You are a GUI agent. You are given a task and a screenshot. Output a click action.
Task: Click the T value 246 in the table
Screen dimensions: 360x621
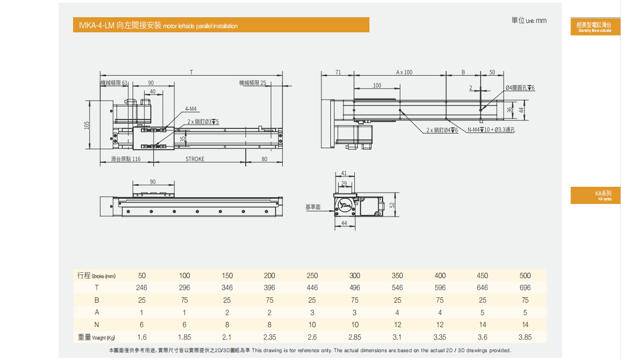(141, 287)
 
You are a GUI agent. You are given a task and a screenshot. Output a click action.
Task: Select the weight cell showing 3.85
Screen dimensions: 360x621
(525, 337)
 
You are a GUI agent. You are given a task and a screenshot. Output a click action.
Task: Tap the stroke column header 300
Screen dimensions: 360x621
(355, 275)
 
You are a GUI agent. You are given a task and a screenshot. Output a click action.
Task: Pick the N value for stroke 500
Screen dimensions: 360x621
(525, 325)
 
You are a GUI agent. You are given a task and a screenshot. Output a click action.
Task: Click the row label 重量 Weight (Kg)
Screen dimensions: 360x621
(97, 338)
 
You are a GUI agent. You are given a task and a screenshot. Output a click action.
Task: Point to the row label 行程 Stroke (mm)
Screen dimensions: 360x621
(97, 275)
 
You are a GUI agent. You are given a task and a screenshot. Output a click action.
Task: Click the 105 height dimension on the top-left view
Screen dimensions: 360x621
(87, 125)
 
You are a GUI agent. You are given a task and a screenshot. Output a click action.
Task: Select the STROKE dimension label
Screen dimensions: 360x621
(195, 159)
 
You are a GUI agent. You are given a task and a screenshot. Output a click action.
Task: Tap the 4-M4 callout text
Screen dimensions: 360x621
(190, 110)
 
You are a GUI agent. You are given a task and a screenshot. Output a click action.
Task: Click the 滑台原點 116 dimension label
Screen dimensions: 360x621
(126, 159)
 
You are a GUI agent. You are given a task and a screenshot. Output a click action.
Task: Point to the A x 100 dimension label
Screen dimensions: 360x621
(404, 73)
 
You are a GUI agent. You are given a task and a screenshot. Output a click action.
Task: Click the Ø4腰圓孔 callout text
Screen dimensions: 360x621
(520, 88)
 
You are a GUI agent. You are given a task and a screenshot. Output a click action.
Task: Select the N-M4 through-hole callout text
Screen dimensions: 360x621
(491, 130)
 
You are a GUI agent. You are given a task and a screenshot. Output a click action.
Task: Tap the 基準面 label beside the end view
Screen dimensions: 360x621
(313, 207)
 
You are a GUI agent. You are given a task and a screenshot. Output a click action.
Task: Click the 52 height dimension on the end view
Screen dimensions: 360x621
(392, 205)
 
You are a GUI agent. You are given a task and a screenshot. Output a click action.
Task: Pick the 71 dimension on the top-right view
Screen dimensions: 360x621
(338, 73)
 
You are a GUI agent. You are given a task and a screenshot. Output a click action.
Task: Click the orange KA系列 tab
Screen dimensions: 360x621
(595, 195)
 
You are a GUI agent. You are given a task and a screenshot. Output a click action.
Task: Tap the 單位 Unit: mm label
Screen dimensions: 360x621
(529, 21)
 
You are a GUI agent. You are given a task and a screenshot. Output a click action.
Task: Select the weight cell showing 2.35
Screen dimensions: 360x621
(269, 337)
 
